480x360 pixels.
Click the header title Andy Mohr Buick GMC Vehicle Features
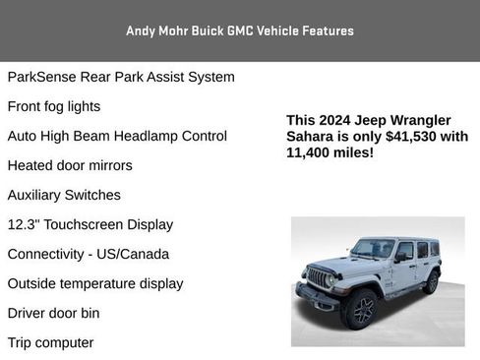(240, 30)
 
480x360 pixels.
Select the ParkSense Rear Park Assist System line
(120, 77)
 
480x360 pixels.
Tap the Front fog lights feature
(53, 106)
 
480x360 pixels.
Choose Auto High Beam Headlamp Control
(117, 136)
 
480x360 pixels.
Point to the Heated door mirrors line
(69, 165)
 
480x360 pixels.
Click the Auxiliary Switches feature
(64, 195)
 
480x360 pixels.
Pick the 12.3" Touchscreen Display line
(90, 224)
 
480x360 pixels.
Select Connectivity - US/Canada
(88, 254)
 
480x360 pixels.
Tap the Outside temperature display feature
(94, 283)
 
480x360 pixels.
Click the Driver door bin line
(53, 313)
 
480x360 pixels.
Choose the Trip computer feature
(50, 342)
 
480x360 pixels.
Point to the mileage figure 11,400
(310, 153)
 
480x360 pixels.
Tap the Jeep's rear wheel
(431, 282)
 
